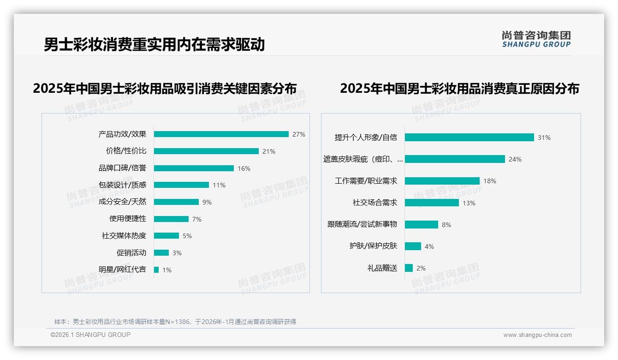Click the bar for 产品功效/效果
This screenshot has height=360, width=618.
221,134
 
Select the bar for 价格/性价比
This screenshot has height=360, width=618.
206,151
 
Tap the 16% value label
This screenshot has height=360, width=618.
244,168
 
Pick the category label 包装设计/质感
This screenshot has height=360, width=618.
122,185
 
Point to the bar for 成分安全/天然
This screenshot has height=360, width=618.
176,202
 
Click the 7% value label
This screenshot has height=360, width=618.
197,219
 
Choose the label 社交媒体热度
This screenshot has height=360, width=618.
124,235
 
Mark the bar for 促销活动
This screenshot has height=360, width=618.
161,252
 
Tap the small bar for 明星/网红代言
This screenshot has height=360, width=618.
156,270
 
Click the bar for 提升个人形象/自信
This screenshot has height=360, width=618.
469,137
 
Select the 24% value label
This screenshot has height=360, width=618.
515,159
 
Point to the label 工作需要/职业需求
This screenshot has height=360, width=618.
366,181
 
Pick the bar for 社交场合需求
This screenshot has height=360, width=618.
432,203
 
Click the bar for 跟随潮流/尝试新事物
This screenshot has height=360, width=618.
421,224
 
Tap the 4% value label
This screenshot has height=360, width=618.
429,246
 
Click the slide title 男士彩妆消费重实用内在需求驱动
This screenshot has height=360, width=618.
154,45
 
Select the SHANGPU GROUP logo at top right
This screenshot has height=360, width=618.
536,39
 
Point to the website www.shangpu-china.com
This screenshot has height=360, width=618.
537,335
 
